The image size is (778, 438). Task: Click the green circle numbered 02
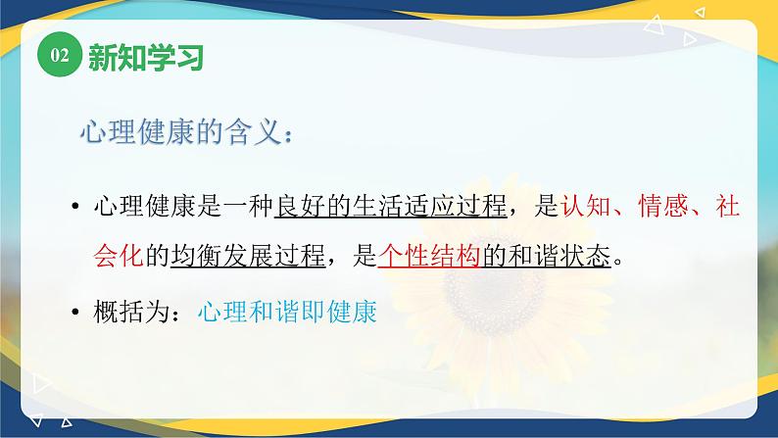(58, 58)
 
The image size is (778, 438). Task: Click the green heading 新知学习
(145, 58)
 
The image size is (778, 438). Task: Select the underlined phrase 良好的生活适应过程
(391, 207)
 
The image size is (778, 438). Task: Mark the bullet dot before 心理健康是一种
(76, 208)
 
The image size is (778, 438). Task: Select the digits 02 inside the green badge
(58, 58)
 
